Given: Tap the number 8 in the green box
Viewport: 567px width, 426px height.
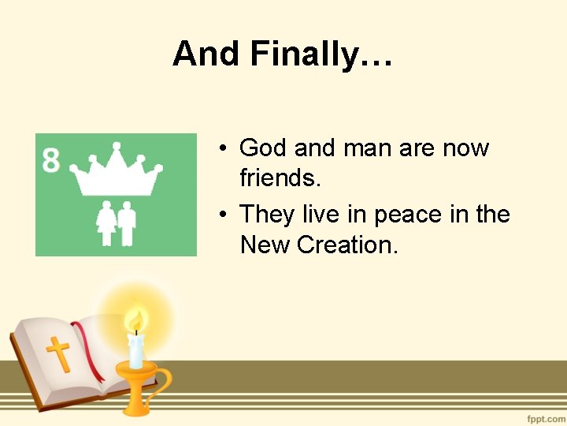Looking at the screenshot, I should pos(51,160).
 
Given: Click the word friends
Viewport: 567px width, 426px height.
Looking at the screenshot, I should pos(280,179).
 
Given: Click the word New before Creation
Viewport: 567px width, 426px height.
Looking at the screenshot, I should pos(265,245).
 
